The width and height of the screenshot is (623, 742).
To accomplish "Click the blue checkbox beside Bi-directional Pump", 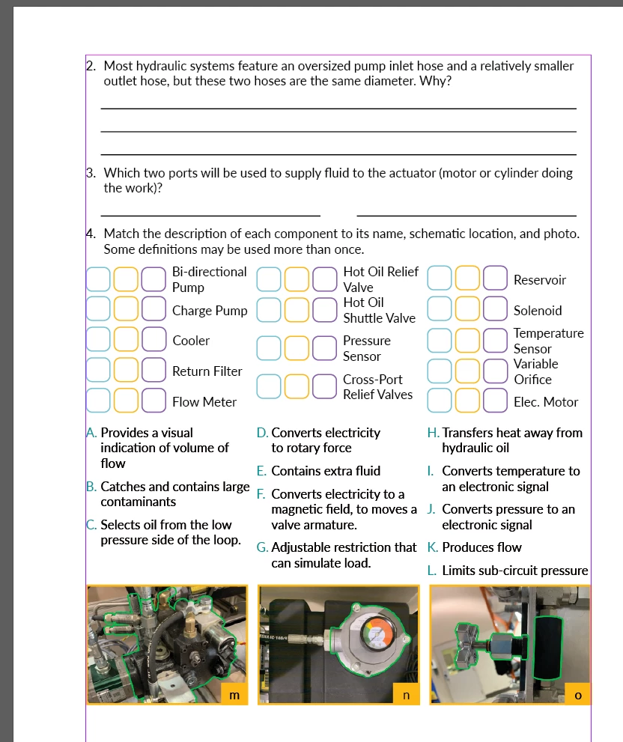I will coord(98,279).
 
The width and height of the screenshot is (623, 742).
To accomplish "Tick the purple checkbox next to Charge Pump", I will coord(154,310).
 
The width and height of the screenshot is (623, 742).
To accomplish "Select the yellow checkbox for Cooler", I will coord(126,340).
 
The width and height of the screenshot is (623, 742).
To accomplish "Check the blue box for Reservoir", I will coord(440,279).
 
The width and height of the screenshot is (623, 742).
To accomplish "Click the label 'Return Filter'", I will coord(207,371).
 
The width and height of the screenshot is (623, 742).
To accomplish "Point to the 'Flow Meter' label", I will coord(204,402).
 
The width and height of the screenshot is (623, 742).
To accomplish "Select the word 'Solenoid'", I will coord(538,311).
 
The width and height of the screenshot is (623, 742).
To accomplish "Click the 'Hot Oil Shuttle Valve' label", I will coord(379,310).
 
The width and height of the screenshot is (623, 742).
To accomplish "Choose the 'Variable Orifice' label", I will coord(535,371).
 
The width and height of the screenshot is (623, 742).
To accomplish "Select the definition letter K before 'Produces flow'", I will coord(432,547).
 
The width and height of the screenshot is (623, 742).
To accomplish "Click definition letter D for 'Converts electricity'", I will coord(262,433).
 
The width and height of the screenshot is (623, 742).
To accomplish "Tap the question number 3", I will coord(90,173).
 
